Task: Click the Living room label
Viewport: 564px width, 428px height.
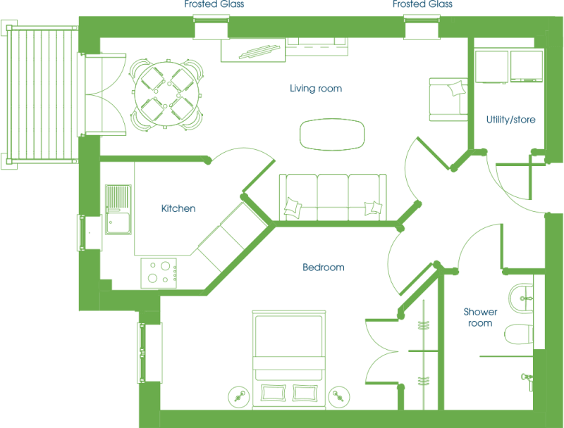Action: pyautogui.click(x=316, y=89)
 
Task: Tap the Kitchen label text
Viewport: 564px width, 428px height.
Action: pyautogui.click(x=178, y=208)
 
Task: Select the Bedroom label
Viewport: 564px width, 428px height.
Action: pyautogui.click(x=324, y=267)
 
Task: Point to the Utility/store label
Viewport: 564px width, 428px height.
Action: pyautogui.click(x=510, y=120)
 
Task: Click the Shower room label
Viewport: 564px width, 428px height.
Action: pyautogui.click(x=480, y=317)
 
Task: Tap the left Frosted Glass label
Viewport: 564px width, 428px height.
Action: pyautogui.click(x=214, y=4)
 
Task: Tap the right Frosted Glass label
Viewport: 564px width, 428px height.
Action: pyautogui.click(x=422, y=4)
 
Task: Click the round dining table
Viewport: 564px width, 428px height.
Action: pyautogui.click(x=167, y=94)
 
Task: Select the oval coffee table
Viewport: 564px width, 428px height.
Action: pyautogui.click(x=332, y=134)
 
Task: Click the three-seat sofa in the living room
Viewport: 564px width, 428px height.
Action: pyautogui.click(x=333, y=197)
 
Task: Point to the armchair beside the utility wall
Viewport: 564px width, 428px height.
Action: pyautogui.click(x=448, y=99)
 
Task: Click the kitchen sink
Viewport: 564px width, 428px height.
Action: pyautogui.click(x=118, y=210)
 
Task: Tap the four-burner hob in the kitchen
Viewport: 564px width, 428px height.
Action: pyautogui.click(x=159, y=273)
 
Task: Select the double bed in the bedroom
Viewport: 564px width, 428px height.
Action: pyautogui.click(x=289, y=360)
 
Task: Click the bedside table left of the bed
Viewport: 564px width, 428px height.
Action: pyautogui.click(x=239, y=397)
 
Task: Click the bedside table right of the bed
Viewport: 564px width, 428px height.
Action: pyautogui.click(x=339, y=397)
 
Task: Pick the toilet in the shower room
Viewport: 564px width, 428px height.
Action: pyautogui.click(x=519, y=334)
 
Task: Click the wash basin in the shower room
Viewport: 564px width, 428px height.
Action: pyautogui.click(x=521, y=298)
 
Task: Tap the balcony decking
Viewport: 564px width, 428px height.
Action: pyautogui.click(x=42, y=94)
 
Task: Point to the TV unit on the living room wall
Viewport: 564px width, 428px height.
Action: pyautogui.click(x=253, y=50)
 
